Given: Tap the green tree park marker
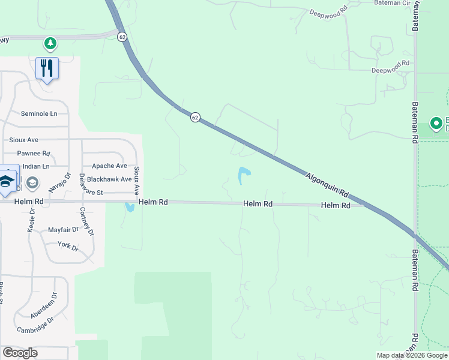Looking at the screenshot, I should click(x=50, y=43).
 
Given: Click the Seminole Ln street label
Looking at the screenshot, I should click(x=39, y=113).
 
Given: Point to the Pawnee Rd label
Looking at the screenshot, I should click(x=33, y=154).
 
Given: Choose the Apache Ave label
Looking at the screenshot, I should click(x=109, y=166).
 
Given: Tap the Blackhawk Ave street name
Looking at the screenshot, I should click(x=109, y=179).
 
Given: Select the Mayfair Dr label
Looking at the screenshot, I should click(x=63, y=229).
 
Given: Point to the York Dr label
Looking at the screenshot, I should click(x=68, y=246).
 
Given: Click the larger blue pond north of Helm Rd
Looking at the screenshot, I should click(x=244, y=175).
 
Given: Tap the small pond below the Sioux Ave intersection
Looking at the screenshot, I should click(x=129, y=208).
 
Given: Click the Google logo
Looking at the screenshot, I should click(x=20, y=353).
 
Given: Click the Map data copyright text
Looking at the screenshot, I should click(x=412, y=355).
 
